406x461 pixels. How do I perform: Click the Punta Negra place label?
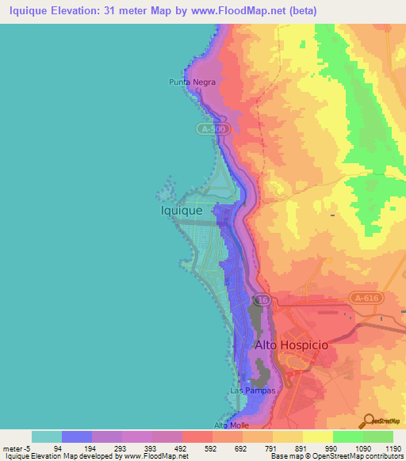(x=192, y=81)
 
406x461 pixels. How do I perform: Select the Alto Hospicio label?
(x=290, y=345)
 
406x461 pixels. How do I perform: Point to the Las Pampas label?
(x=247, y=391)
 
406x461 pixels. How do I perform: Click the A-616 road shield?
(x=364, y=297)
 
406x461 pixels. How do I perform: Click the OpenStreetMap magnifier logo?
(x=370, y=420)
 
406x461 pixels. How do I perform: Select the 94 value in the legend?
(x=78, y=449)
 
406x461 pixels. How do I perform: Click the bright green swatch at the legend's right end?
(x=378, y=436)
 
